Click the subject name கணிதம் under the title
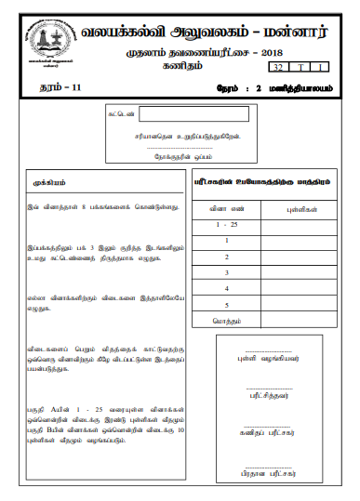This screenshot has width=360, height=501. pyautogui.click(x=188, y=68)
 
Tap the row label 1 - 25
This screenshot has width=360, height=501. pyautogui.click(x=225, y=226)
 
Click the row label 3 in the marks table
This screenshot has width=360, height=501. pyautogui.click(x=225, y=272)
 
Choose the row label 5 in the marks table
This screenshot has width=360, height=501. pyautogui.click(x=225, y=304)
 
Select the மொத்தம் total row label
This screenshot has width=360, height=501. pyautogui.click(x=225, y=320)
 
